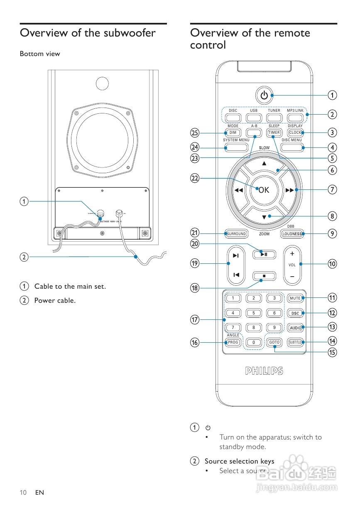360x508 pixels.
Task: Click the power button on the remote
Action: pos(264,96)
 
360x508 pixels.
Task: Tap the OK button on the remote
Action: pos(264,190)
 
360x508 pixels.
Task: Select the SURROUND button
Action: pos(236,234)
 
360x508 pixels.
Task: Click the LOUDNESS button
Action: pos(292,234)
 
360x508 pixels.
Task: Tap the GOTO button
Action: pos(274,342)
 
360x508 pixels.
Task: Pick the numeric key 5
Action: pos(254,313)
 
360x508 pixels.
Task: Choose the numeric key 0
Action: pos(254,342)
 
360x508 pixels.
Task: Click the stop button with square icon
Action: pos(264,275)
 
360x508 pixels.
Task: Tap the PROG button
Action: pos(233,342)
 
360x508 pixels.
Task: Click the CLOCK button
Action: pos(295,133)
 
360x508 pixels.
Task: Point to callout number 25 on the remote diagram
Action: pos(195,133)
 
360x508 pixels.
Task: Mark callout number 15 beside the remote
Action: pos(332,352)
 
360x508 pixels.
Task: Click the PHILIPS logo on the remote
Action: pos(264,371)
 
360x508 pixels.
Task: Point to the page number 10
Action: pos(23,493)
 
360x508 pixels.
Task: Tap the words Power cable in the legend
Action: pos(55,300)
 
